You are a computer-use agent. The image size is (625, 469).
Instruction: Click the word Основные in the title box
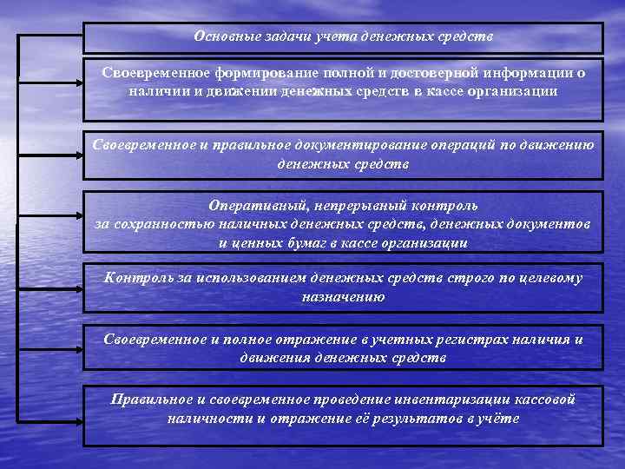tap(225, 36)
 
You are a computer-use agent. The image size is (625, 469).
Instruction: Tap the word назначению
tap(344, 296)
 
